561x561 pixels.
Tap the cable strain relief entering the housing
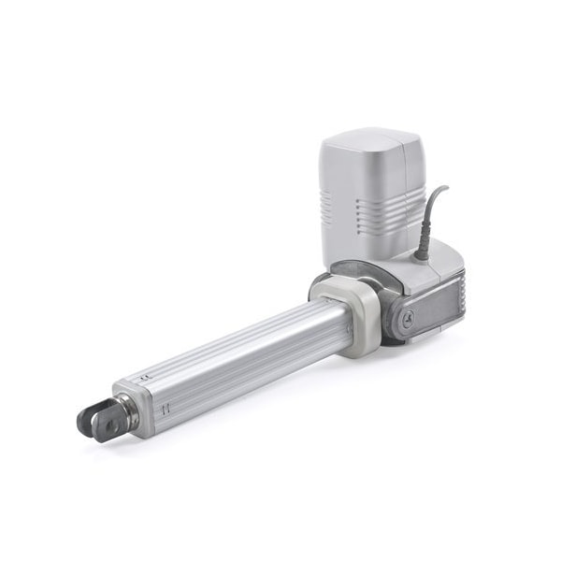(422, 247)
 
